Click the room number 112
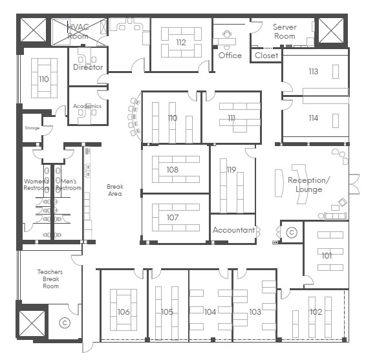coord(180,43)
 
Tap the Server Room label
coord(285,32)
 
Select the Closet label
coord(266,56)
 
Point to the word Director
coord(88,67)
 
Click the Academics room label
coord(87,106)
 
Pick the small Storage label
coord(32,129)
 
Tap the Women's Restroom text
coord(36,185)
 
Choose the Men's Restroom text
coord(68,185)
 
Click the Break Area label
coord(114,190)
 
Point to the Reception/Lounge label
coord(309,185)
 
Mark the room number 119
coord(232,170)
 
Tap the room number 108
coord(172,170)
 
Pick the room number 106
coord(124,312)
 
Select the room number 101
coord(327,255)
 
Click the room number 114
coord(313,118)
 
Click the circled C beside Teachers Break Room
coord(64,322)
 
